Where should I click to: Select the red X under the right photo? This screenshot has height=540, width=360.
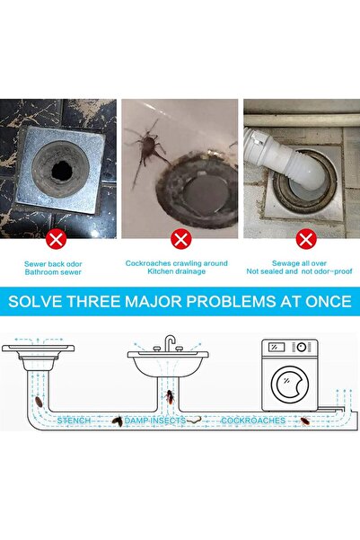click(305, 240)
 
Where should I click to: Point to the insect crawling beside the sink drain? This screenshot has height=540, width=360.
click(144, 144)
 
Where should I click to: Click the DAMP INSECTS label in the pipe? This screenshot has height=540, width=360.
click(154, 420)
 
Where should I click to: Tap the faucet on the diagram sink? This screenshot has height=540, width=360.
click(169, 344)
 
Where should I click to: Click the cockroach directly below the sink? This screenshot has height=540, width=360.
click(169, 396)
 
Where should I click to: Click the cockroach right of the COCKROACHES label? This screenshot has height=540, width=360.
click(305, 420)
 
